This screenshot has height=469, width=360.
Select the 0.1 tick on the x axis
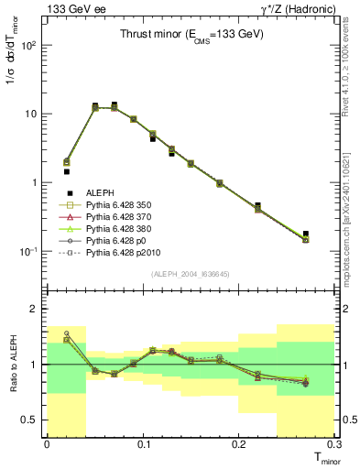tap(143, 444)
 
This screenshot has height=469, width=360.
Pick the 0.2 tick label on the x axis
tap(239, 444)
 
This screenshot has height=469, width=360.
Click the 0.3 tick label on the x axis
tap(334, 444)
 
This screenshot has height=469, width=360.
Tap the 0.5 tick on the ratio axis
tap(34, 420)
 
